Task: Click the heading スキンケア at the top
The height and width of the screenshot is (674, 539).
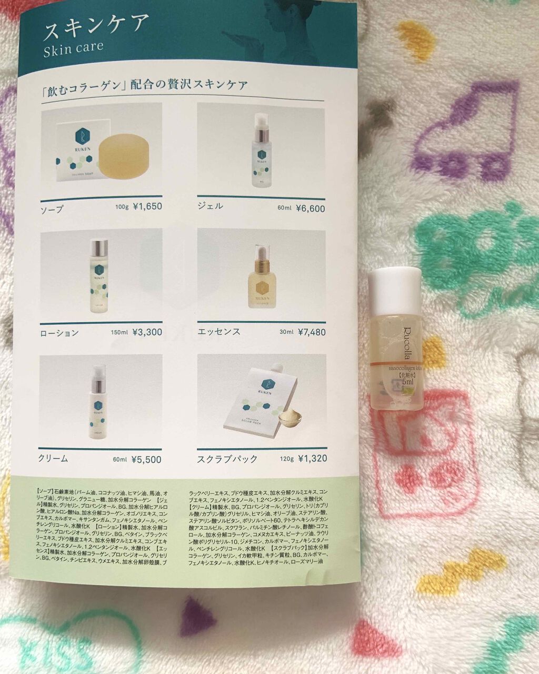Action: [96, 28]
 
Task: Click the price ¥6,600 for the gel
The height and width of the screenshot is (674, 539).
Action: [311, 209]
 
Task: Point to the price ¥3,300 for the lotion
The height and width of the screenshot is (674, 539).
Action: [147, 332]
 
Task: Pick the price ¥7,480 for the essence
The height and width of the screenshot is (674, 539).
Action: [312, 332]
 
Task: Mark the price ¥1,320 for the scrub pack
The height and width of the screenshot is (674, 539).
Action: [312, 459]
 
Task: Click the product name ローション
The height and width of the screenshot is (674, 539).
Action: [59, 333]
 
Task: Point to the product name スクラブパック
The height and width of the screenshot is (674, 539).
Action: [227, 459]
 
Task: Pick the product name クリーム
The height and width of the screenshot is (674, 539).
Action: [54, 459]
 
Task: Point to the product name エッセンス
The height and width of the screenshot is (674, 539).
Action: [218, 332]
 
